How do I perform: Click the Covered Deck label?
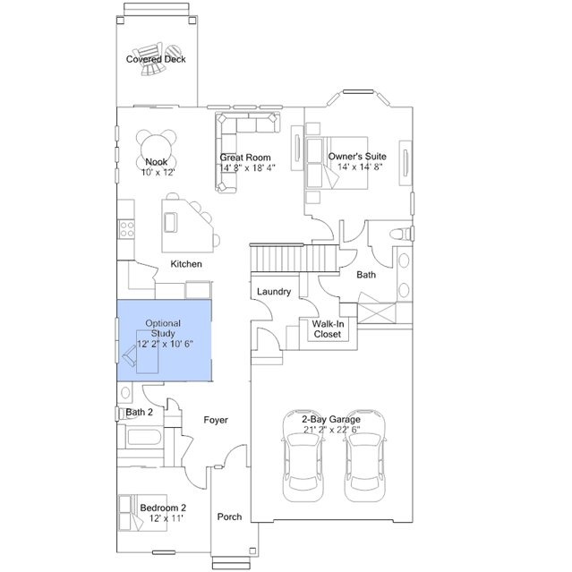coord(156,59)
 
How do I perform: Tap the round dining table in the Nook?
coord(156,149)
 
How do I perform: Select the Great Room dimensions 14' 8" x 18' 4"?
coord(247,167)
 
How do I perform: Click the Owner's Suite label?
coord(357,157)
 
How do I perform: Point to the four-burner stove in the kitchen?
coord(126,229)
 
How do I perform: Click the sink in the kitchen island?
coord(170,222)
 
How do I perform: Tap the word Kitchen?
coord(186,264)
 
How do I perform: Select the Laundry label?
coord(274,292)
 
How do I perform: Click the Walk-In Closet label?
coord(328,329)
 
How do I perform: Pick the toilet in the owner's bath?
coord(400,234)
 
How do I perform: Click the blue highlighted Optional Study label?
coord(163,329)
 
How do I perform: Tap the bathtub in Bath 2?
coord(144,437)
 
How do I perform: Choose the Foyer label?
coord(216,420)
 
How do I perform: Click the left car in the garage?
coord(303,456)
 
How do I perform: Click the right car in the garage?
coord(365,456)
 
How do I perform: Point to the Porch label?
coord(229,517)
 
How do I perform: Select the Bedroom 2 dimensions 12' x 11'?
coord(166,518)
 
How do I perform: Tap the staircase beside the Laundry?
coord(295,258)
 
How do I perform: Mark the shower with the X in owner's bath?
coord(377,312)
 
